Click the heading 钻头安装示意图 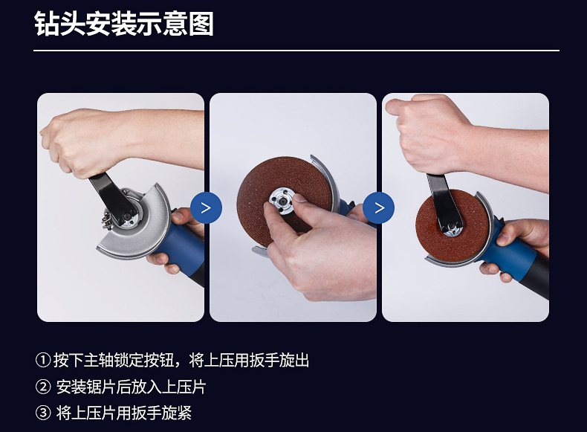(124, 24)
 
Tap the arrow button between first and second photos (206, 207)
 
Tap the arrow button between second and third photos (378, 207)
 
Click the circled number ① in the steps (42, 360)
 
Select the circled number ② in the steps (42, 387)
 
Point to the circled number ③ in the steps (42, 413)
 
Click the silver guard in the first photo (150, 228)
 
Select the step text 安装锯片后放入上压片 (131, 387)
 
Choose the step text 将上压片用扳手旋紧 (124, 413)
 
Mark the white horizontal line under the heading (296, 51)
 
